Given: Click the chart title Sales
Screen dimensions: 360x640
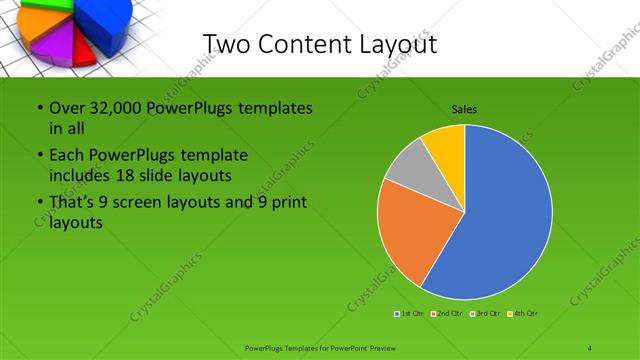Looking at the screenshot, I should point(464,108).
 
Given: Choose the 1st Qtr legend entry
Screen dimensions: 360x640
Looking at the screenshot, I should point(410,314).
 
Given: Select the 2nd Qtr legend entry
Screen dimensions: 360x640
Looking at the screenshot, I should point(447,314).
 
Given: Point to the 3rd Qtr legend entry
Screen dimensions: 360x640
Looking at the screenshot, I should point(486,314).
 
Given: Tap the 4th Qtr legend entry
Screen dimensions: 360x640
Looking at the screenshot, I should point(523,314).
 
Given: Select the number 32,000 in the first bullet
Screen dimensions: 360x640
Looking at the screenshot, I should point(118,107).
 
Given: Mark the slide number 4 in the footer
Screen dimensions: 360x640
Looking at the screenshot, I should point(589,347).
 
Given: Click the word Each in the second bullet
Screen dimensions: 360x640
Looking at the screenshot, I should point(68,156).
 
